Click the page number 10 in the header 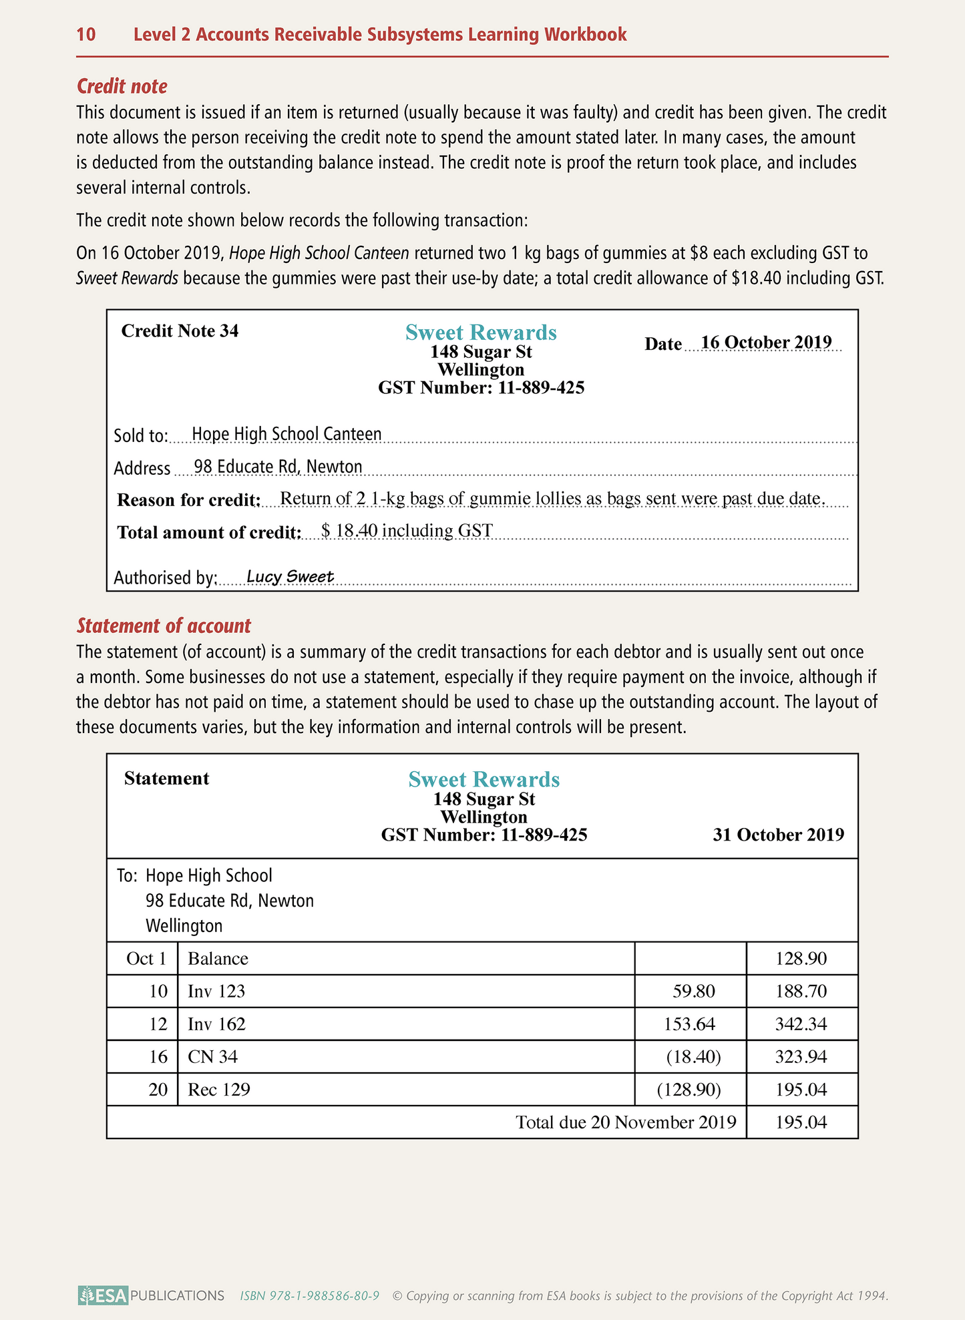86,35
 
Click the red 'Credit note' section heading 122,86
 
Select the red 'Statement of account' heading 164,626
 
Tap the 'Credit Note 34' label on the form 180,331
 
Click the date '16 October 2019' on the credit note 766,343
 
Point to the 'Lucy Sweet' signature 290,576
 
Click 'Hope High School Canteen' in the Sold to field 286,434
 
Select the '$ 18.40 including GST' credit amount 407,531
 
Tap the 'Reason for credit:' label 189,499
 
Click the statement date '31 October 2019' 778,835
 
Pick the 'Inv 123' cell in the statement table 216,992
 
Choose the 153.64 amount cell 689,1024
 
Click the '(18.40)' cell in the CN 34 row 693,1057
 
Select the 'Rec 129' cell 219,1090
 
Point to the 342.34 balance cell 801,1024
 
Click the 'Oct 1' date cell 146,959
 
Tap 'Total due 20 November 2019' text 626,1122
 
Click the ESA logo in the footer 103,1296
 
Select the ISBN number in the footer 310,1296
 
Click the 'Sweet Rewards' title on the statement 484,779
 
